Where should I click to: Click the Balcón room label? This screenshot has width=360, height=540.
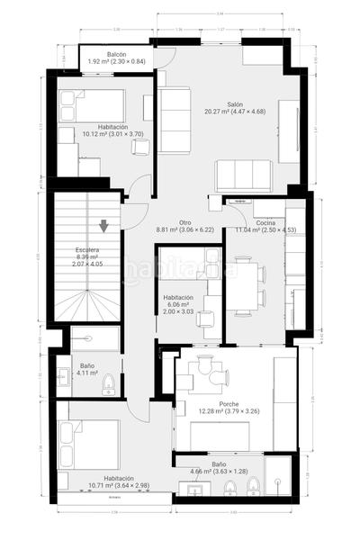pyautogui.click(x=116, y=55)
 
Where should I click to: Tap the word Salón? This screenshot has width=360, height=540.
pyautogui.click(x=235, y=103)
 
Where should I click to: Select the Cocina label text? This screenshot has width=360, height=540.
pyautogui.click(x=265, y=222)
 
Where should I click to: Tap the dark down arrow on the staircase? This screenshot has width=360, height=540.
pyautogui.click(x=105, y=226)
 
